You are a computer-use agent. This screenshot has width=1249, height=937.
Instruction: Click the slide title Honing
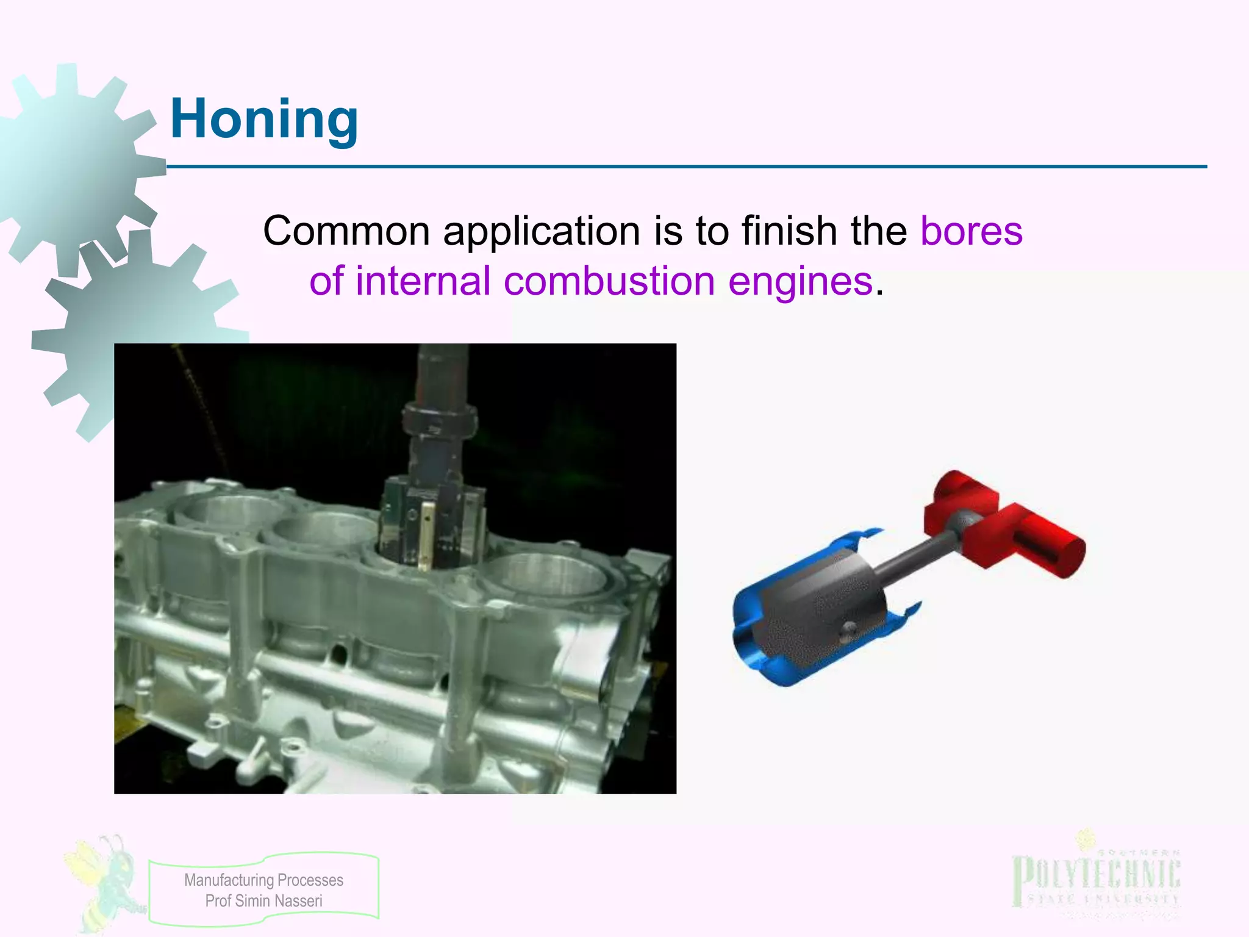click(264, 119)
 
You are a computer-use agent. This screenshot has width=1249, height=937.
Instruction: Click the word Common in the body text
click(346, 231)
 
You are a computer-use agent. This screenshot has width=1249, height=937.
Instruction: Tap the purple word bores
click(971, 231)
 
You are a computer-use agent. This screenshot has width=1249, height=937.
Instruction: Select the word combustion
click(609, 281)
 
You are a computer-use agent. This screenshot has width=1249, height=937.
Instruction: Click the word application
click(542, 231)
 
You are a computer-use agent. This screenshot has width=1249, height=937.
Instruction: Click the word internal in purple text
click(423, 281)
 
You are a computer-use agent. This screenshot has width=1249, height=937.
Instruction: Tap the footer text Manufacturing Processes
click(263, 880)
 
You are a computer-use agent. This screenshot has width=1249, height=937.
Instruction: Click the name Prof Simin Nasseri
click(263, 901)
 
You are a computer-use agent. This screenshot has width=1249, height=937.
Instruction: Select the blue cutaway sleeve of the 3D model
click(762, 641)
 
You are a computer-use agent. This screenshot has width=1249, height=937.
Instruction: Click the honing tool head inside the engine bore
click(430, 525)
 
